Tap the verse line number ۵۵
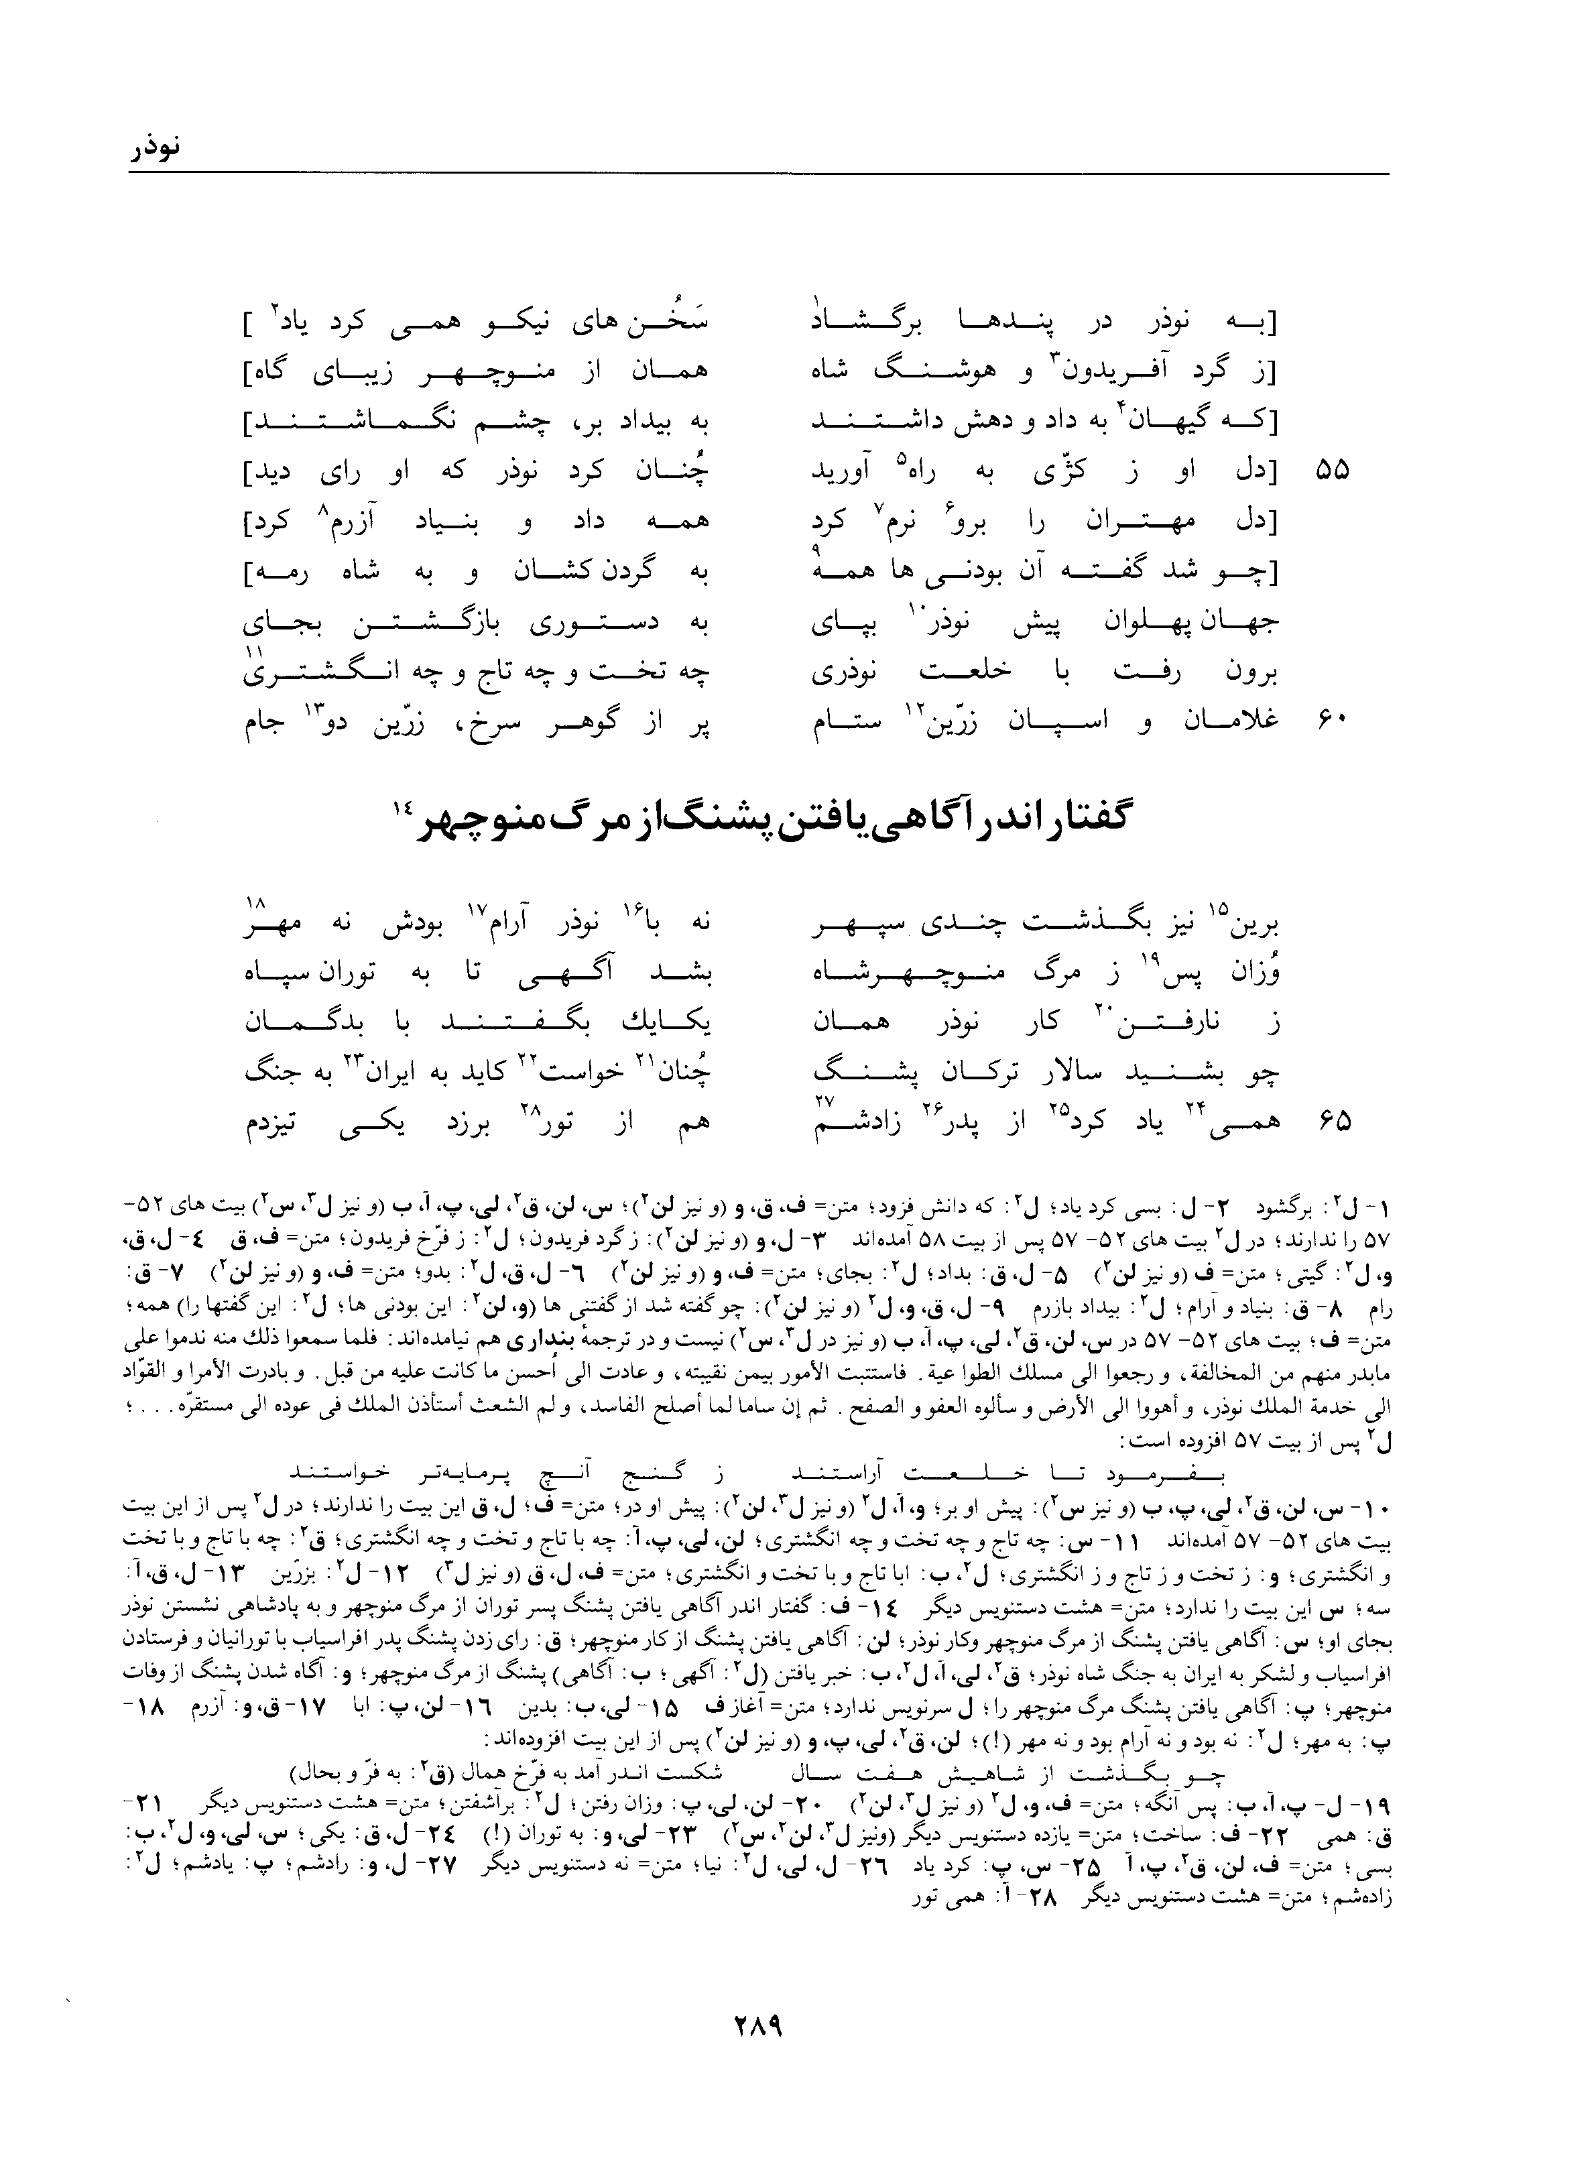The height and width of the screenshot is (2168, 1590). point(1331,471)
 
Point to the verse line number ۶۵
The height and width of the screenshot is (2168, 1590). point(1331,1120)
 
